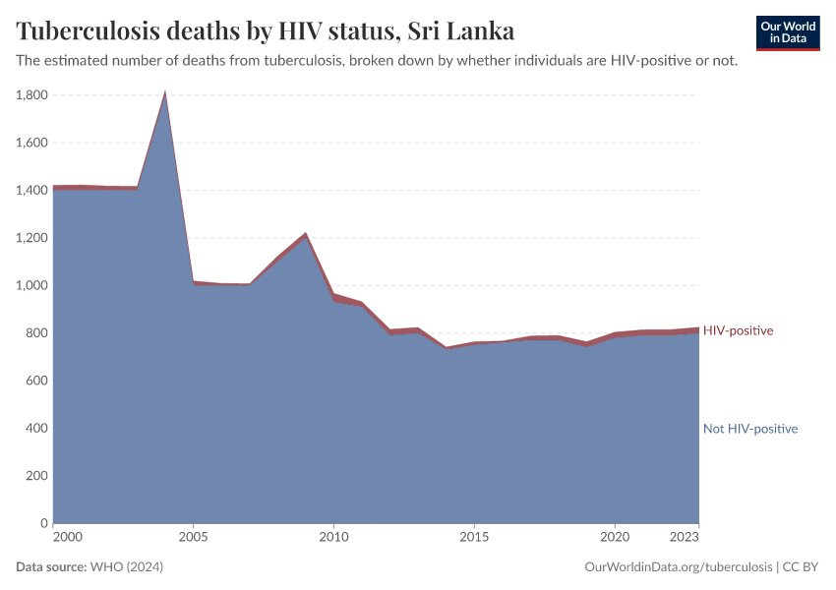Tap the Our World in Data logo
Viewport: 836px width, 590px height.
[787, 32]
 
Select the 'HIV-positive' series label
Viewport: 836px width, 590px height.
[738, 330]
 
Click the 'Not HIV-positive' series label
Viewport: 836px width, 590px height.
[749, 429]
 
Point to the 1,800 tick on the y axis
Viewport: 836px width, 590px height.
[32, 95]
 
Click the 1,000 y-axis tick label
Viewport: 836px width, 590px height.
[32, 285]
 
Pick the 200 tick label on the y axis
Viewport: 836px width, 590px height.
[36, 476]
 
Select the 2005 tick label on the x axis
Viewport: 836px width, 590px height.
[194, 538]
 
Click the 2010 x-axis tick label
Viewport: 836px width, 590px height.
[334, 538]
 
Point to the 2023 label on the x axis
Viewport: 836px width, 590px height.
[685, 538]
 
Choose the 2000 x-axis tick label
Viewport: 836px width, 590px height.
[67, 538]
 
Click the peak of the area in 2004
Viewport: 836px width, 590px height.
[165, 93]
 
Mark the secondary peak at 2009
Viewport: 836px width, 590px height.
[306, 234]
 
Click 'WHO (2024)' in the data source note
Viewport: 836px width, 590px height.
[126, 567]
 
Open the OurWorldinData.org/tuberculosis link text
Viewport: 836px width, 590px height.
[677, 567]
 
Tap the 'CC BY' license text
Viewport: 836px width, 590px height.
[801, 567]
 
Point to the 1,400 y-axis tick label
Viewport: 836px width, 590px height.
[32, 190]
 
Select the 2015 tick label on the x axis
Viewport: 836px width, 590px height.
[474, 538]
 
